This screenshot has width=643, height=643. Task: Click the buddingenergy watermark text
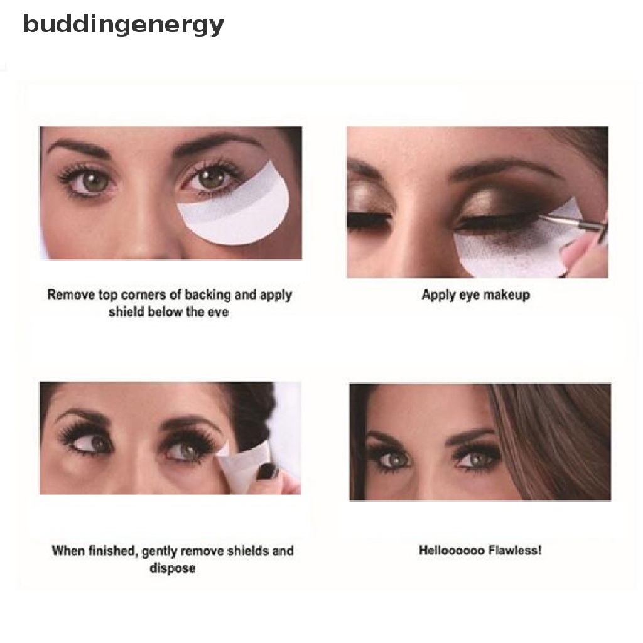coord(123,25)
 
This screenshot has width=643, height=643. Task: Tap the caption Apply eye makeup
coord(475,294)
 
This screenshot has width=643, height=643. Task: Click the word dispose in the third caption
coord(173,568)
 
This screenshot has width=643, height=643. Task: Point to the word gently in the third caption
coord(161,551)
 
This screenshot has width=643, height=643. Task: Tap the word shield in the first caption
coord(126,312)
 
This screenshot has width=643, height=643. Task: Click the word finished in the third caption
coord(110,551)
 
